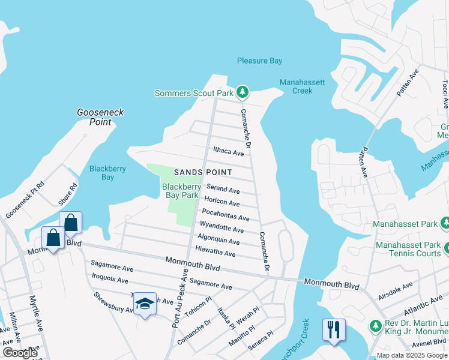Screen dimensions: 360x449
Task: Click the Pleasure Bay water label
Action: [x=259, y=61]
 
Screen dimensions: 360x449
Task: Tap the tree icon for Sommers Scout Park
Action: [x=242, y=92]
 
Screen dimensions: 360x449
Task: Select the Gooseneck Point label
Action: [x=94, y=117]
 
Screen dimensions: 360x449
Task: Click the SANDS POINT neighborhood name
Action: [x=202, y=172]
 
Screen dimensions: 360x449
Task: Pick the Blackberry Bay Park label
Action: [x=181, y=191]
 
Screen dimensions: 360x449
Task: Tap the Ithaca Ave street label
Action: [x=229, y=152]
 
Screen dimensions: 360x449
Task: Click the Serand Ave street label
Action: [x=223, y=190]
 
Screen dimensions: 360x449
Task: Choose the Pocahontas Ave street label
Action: [x=225, y=214]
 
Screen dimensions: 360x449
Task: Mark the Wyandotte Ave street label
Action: [x=221, y=227]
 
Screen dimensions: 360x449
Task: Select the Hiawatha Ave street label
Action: [x=215, y=253]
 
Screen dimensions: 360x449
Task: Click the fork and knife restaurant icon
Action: [x=332, y=329]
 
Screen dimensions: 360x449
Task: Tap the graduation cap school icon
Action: [x=145, y=304]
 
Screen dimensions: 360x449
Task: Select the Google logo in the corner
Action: [x=20, y=353]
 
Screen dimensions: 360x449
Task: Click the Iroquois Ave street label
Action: [x=110, y=280]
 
